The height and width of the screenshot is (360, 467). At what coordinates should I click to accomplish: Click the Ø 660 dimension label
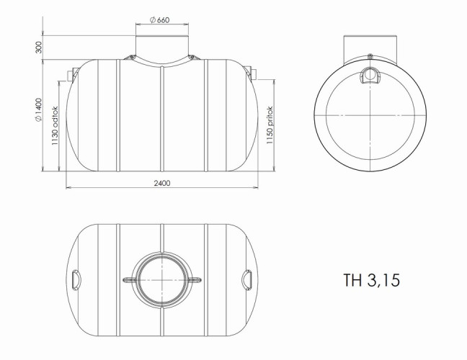(159, 20)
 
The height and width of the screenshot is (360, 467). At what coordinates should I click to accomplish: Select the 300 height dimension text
(39, 48)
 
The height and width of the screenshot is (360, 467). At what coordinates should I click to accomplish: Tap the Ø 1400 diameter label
(39, 109)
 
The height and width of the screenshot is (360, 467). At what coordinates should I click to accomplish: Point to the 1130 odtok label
(55, 125)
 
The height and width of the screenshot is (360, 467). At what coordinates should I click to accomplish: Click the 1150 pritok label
(270, 125)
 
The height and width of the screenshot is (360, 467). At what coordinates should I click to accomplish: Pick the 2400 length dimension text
(162, 183)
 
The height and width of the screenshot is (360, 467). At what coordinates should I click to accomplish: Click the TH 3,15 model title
(371, 280)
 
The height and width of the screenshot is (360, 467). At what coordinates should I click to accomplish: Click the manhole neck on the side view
(162, 46)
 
